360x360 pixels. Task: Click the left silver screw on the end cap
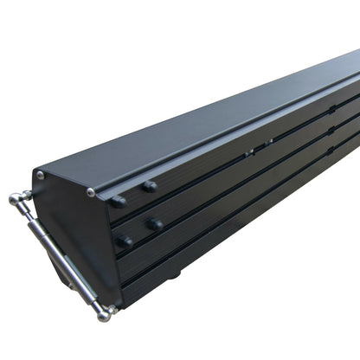[40, 175]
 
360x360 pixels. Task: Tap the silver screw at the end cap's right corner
[91, 192]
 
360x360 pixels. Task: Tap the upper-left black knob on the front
[118, 202]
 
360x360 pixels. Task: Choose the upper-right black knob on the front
[150, 186]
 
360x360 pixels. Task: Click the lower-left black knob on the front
[125, 241]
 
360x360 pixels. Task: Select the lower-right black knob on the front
[155, 225]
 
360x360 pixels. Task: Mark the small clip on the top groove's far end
[332, 109]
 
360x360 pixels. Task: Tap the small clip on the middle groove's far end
[331, 130]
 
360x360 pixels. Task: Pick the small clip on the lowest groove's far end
[331, 149]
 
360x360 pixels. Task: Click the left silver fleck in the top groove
[249, 152]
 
